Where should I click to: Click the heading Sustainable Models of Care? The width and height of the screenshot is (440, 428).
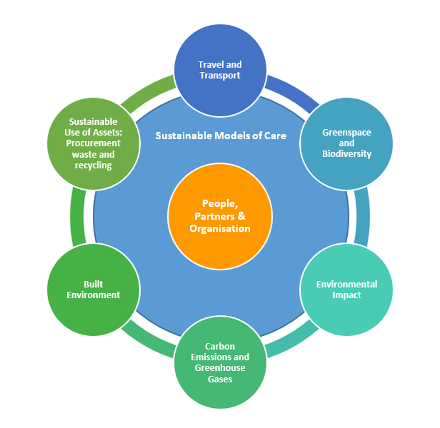click(x=221, y=136)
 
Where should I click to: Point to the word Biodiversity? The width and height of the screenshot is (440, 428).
click(x=347, y=154)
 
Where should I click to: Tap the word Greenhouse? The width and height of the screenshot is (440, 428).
click(x=220, y=368)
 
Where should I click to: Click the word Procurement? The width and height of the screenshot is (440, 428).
click(x=93, y=143)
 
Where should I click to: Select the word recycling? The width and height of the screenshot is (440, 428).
click(x=93, y=165)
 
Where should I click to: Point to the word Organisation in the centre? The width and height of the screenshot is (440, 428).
click(x=220, y=228)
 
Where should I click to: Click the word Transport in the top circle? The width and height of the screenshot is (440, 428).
click(x=220, y=75)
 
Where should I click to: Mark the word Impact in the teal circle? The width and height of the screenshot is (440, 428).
click(x=347, y=295)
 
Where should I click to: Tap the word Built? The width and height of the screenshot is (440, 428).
click(x=93, y=284)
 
